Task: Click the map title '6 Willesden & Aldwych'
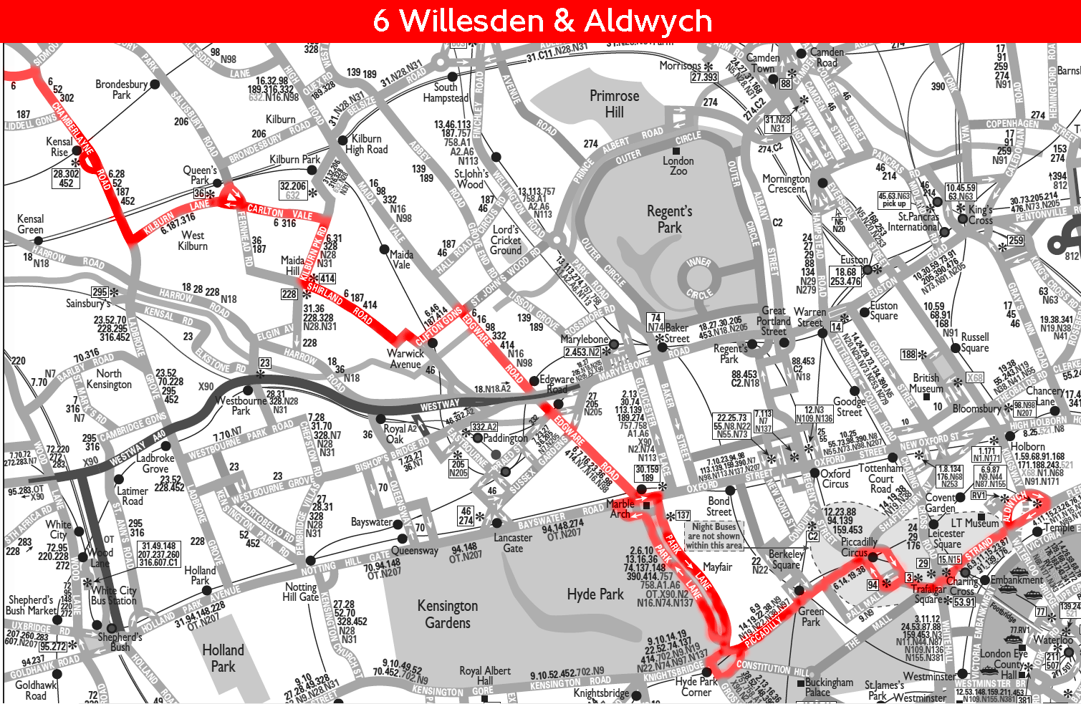542,21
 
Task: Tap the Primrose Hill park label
614,104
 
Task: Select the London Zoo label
678,165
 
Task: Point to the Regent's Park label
669,219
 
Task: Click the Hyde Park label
595,594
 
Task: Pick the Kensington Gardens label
448,614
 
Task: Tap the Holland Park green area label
223,658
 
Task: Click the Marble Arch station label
620,508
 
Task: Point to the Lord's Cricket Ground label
506,241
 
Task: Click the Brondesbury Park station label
122,89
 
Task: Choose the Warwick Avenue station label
405,359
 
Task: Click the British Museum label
926,383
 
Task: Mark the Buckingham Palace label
828,688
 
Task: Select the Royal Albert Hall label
485,675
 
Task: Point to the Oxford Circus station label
835,478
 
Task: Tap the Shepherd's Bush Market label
31,605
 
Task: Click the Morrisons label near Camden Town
681,66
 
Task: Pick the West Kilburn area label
193,241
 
